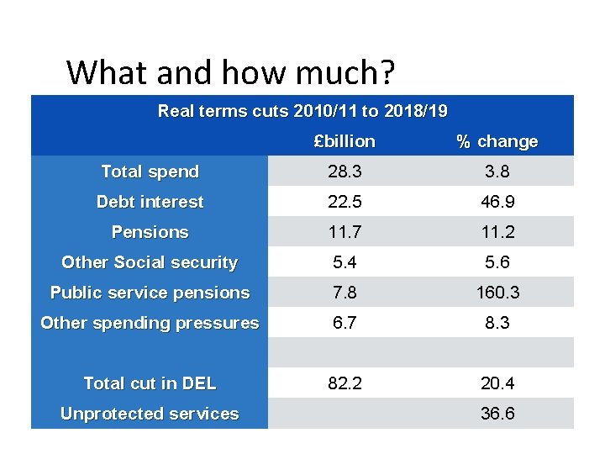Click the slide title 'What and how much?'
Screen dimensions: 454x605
(x=230, y=72)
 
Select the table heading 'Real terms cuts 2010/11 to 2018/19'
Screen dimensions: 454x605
(x=302, y=111)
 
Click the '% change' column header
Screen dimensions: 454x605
(x=497, y=141)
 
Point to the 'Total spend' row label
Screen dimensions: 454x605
(x=150, y=172)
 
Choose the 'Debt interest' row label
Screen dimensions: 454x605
(x=150, y=202)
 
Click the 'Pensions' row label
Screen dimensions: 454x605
(x=150, y=232)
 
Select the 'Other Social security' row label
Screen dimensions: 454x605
(x=150, y=262)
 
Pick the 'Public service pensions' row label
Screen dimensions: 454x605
(x=150, y=293)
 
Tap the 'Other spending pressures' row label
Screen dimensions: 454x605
(x=150, y=323)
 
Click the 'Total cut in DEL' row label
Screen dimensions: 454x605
(x=150, y=383)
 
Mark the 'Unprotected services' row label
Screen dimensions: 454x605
(x=150, y=414)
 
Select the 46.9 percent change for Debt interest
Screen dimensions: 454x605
(x=497, y=202)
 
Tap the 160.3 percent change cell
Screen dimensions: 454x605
(x=497, y=293)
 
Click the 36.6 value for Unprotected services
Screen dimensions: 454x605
(x=497, y=414)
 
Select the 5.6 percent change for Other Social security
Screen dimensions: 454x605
(x=497, y=262)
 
